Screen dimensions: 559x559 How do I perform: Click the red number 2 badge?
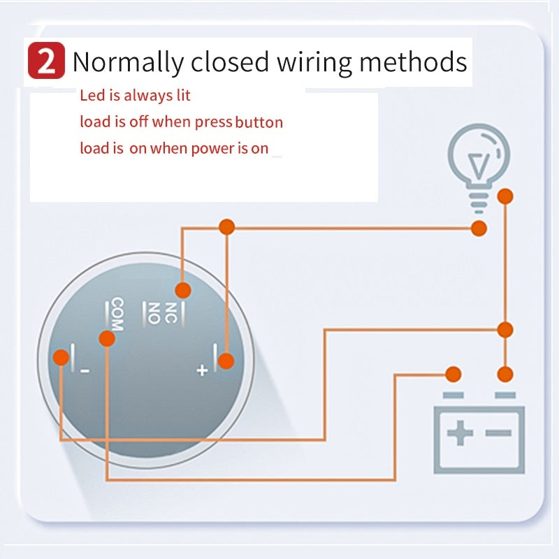[x=47, y=61]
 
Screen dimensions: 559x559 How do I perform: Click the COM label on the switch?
[x=117, y=314]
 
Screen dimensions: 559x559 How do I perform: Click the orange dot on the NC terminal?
[x=182, y=290]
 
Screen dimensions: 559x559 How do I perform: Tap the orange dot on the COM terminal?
[x=107, y=339]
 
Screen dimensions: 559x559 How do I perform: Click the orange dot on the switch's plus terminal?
[x=225, y=361]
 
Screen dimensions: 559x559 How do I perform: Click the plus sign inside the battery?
[x=459, y=434]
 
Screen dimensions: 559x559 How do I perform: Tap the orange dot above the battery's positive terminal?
[x=453, y=374]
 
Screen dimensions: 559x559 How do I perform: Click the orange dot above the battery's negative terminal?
[x=505, y=374]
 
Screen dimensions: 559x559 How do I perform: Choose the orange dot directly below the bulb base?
[x=479, y=228]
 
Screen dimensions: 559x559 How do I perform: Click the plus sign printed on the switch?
[x=202, y=370]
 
